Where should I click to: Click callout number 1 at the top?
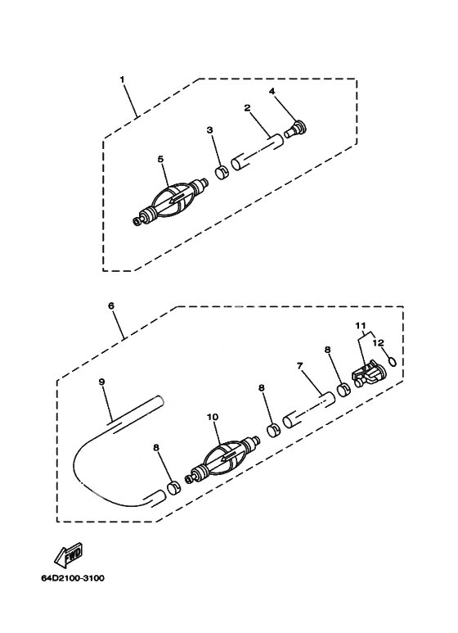tap(123, 79)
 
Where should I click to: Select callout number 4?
tap(272, 91)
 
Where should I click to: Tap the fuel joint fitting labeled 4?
tap(296, 129)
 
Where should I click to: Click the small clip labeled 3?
tap(222, 173)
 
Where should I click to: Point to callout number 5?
tap(160, 159)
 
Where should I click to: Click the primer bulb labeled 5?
tap(171, 202)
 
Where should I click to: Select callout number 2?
tap(247, 107)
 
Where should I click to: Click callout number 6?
tap(111, 305)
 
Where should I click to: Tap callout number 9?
tap(101, 381)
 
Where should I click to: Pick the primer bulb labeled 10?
tap(222, 459)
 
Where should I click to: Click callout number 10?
tap(213, 417)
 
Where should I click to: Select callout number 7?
tap(299, 366)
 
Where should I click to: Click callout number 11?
tap(361, 325)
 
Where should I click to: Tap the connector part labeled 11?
tap(367, 374)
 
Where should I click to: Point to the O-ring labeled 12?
tap(392, 361)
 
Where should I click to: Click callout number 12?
tap(378, 342)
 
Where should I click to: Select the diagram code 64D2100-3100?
tap(73, 578)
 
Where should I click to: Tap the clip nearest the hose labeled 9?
tap(174, 488)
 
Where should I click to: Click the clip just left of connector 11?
tap(343, 391)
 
